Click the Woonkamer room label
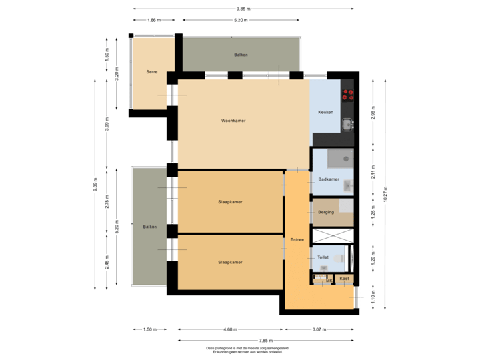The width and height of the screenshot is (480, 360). pyautogui.click(x=233, y=121)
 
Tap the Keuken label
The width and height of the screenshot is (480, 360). pyautogui.click(x=325, y=112)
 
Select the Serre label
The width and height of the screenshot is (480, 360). pyautogui.click(x=152, y=71)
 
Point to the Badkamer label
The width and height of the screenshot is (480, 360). pyautogui.click(x=329, y=179)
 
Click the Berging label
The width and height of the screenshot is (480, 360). pyautogui.click(x=326, y=212)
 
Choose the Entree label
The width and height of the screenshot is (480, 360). pyautogui.click(x=297, y=239)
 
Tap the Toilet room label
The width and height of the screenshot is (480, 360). pyautogui.click(x=323, y=257)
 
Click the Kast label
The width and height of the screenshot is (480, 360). pyautogui.click(x=344, y=279)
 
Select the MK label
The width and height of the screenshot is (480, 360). pyautogui.click(x=329, y=281)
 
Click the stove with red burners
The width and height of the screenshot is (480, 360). pyautogui.click(x=347, y=95)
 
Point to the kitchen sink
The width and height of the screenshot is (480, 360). pyautogui.click(x=347, y=123)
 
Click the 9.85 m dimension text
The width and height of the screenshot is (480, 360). pyautogui.click(x=243, y=9)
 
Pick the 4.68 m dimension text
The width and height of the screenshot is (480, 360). pyautogui.click(x=231, y=329)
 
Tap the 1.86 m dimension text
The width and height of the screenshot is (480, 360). pyautogui.click(x=154, y=20)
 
